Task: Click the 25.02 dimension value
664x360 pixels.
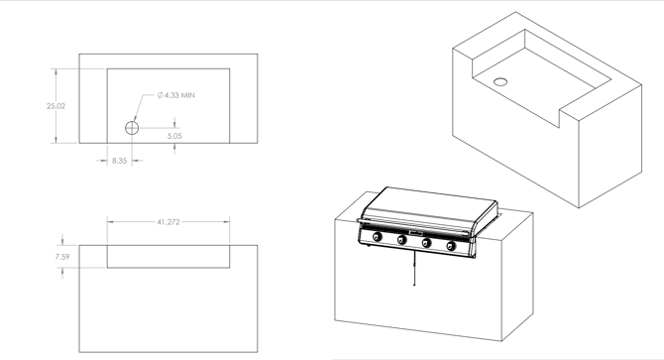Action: pyautogui.click(x=55, y=106)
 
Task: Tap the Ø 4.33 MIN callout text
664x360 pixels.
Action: pyautogui.click(x=176, y=95)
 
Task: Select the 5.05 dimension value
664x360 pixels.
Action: pyautogui.click(x=174, y=136)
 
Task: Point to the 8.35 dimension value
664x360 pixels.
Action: pyautogui.click(x=119, y=161)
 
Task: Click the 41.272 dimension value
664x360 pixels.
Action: pyautogui.click(x=168, y=222)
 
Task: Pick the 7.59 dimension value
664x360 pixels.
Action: pyautogui.click(x=62, y=257)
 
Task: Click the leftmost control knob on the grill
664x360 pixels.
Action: pyautogui.click(x=377, y=237)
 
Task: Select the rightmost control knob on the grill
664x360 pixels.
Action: pyautogui.click(x=451, y=246)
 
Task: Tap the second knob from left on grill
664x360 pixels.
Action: pyautogui.click(x=401, y=240)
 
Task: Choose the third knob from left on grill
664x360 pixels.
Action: pyautogui.click(x=426, y=243)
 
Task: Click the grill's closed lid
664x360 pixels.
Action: pyautogui.click(x=430, y=208)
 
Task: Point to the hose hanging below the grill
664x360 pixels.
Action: pyautogui.click(x=414, y=268)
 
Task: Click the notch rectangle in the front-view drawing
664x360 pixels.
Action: pyautogui.click(x=168, y=256)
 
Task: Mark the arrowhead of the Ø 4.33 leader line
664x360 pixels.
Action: pyautogui.click(x=135, y=119)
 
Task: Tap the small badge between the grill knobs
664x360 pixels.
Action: pyautogui.click(x=416, y=233)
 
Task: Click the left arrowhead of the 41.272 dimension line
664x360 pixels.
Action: pyautogui.click(x=110, y=221)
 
